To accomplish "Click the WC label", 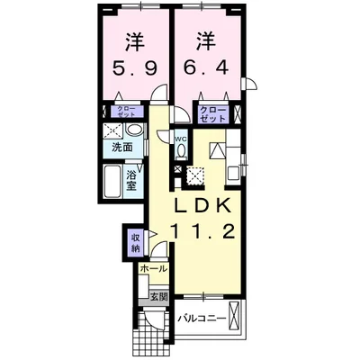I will point(179,139).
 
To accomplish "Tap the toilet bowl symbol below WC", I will point(179,154).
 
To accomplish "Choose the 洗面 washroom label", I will point(123,146).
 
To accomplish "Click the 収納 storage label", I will point(135,241).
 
